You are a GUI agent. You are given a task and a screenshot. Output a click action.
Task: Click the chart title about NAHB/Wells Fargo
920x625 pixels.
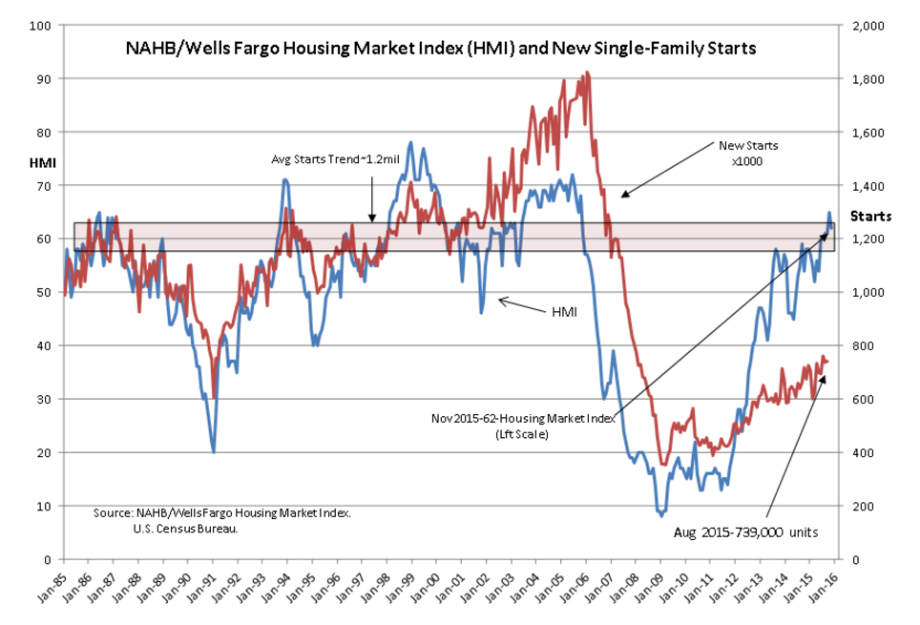441,48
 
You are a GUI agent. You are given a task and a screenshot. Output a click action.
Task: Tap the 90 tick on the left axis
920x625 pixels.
44,79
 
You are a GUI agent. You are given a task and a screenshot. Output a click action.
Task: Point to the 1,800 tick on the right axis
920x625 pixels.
868,79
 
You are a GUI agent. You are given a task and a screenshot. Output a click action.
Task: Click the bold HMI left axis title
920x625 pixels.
43,163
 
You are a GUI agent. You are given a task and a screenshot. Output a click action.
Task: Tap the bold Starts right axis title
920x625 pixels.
870,217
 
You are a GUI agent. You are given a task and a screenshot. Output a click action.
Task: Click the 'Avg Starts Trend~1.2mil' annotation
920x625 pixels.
335,159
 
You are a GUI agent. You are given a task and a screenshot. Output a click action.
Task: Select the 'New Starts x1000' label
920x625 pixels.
748,154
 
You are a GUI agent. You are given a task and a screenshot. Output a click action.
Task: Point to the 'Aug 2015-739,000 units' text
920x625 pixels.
745,532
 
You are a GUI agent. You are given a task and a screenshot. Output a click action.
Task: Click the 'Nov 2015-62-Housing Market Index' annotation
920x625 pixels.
523,419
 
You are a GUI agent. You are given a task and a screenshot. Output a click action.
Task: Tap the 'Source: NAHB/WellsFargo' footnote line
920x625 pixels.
222,513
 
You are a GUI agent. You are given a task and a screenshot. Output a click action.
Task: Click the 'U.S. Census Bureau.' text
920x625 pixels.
185,529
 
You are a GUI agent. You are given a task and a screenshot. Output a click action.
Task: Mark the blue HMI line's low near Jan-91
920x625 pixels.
214,452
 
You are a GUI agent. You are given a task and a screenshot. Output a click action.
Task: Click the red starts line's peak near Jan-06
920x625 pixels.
587,73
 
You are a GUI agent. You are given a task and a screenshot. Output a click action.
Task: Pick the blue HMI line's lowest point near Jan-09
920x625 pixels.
661,516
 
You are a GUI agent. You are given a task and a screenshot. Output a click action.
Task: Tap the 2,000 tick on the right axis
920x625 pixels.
868,26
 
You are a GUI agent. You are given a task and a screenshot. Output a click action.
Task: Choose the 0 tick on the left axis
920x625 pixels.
47,560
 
